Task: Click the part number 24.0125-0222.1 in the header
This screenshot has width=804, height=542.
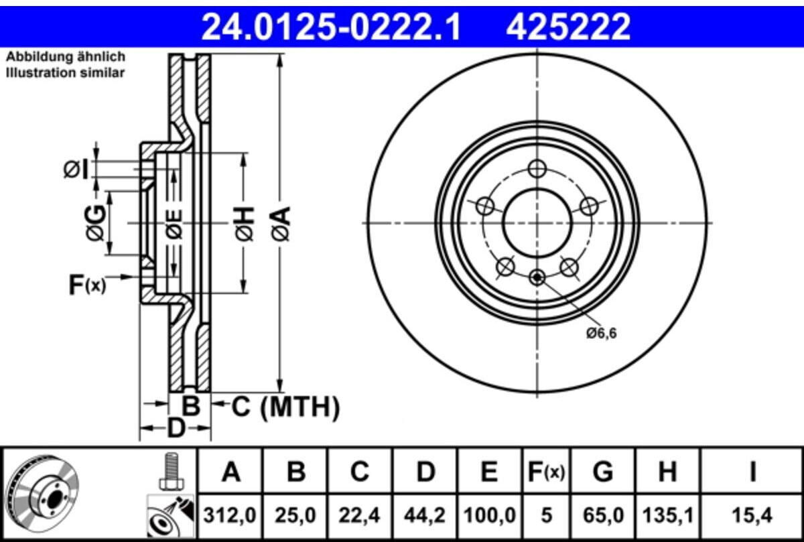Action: [x=331, y=26]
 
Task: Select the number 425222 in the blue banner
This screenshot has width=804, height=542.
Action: [x=568, y=26]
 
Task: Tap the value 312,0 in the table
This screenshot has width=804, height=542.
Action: [x=230, y=516]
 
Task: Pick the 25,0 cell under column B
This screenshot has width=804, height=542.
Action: [x=295, y=516]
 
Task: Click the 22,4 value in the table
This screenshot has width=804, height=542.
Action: [x=359, y=516]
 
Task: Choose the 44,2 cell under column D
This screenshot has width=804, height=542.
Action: [x=425, y=516]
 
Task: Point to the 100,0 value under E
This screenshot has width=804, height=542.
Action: [x=490, y=516]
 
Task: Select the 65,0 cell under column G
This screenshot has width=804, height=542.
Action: [x=603, y=516]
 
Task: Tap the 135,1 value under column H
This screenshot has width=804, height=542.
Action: [x=667, y=516]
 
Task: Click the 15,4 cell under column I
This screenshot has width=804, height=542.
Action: [x=752, y=516]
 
